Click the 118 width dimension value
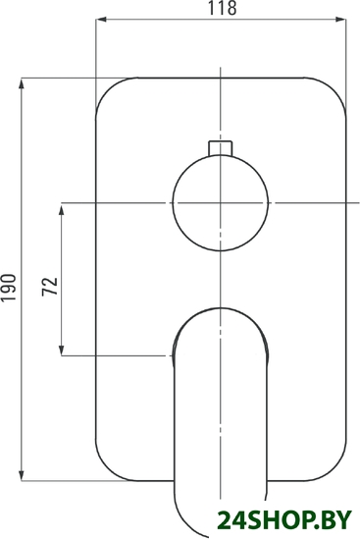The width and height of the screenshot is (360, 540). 222,8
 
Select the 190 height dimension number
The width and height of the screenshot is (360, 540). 9,288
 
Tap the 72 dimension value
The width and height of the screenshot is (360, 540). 50,286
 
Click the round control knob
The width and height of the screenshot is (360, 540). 221,203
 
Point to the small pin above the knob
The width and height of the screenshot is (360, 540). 221,147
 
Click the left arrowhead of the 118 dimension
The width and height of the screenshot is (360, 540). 101,20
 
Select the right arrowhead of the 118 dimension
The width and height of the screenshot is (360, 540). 340,20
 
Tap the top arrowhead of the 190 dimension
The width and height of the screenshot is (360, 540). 22,83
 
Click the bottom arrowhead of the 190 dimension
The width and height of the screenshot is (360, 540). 22,475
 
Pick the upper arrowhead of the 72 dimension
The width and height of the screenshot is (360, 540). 62,209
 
